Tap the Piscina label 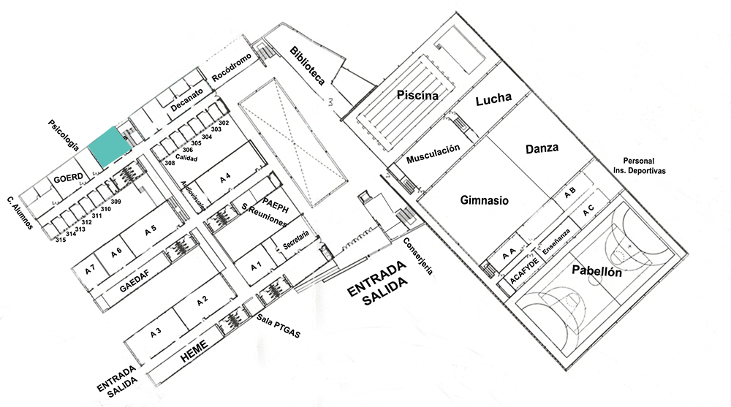tap(417, 95)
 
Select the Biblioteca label tap(307, 68)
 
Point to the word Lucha tap(493, 100)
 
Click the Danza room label tap(542, 148)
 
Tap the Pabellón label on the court tap(596, 273)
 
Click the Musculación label tap(433, 153)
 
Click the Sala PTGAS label tap(279, 323)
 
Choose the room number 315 tap(60, 240)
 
